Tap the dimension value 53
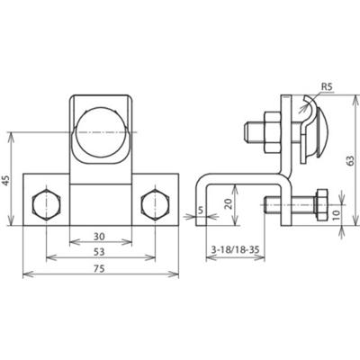click(x=99, y=253)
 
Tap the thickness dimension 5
click(x=200, y=214)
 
